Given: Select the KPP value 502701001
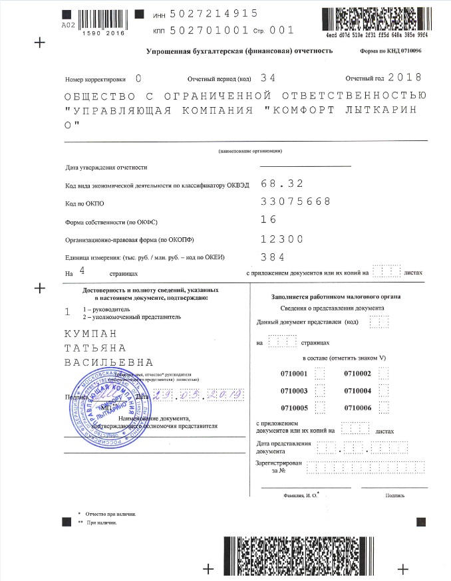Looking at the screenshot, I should (208, 30).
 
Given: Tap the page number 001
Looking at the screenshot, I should (281, 30).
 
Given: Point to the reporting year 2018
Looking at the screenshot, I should (404, 78).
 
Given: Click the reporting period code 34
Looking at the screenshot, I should (268, 78).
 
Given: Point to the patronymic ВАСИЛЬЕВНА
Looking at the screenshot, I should (108, 363).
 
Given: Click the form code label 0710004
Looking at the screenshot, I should (357, 391).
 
